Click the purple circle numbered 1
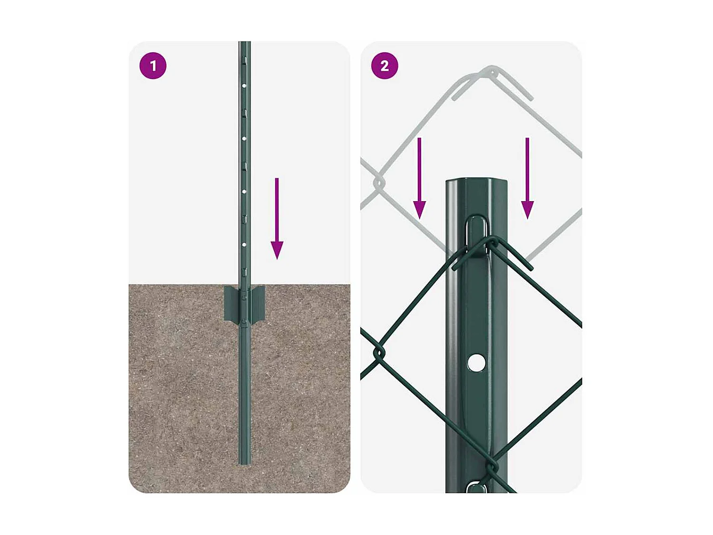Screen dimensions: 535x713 (x=153, y=66)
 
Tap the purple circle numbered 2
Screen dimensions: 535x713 (x=385, y=66)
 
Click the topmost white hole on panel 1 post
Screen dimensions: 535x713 (x=244, y=86)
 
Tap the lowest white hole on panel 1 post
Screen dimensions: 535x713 (x=244, y=244)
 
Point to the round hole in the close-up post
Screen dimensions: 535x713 (x=476, y=362)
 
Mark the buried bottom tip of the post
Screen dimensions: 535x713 (x=244, y=461)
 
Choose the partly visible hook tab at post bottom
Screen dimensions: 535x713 (x=475, y=487)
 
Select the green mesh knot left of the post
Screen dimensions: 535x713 (x=379, y=353)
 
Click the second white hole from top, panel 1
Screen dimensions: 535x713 (x=244, y=139)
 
